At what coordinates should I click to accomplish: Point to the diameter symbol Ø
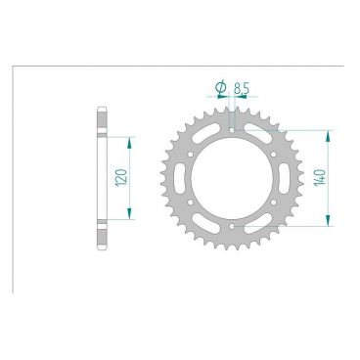[220, 87]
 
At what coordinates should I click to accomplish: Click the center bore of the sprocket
[231, 178]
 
